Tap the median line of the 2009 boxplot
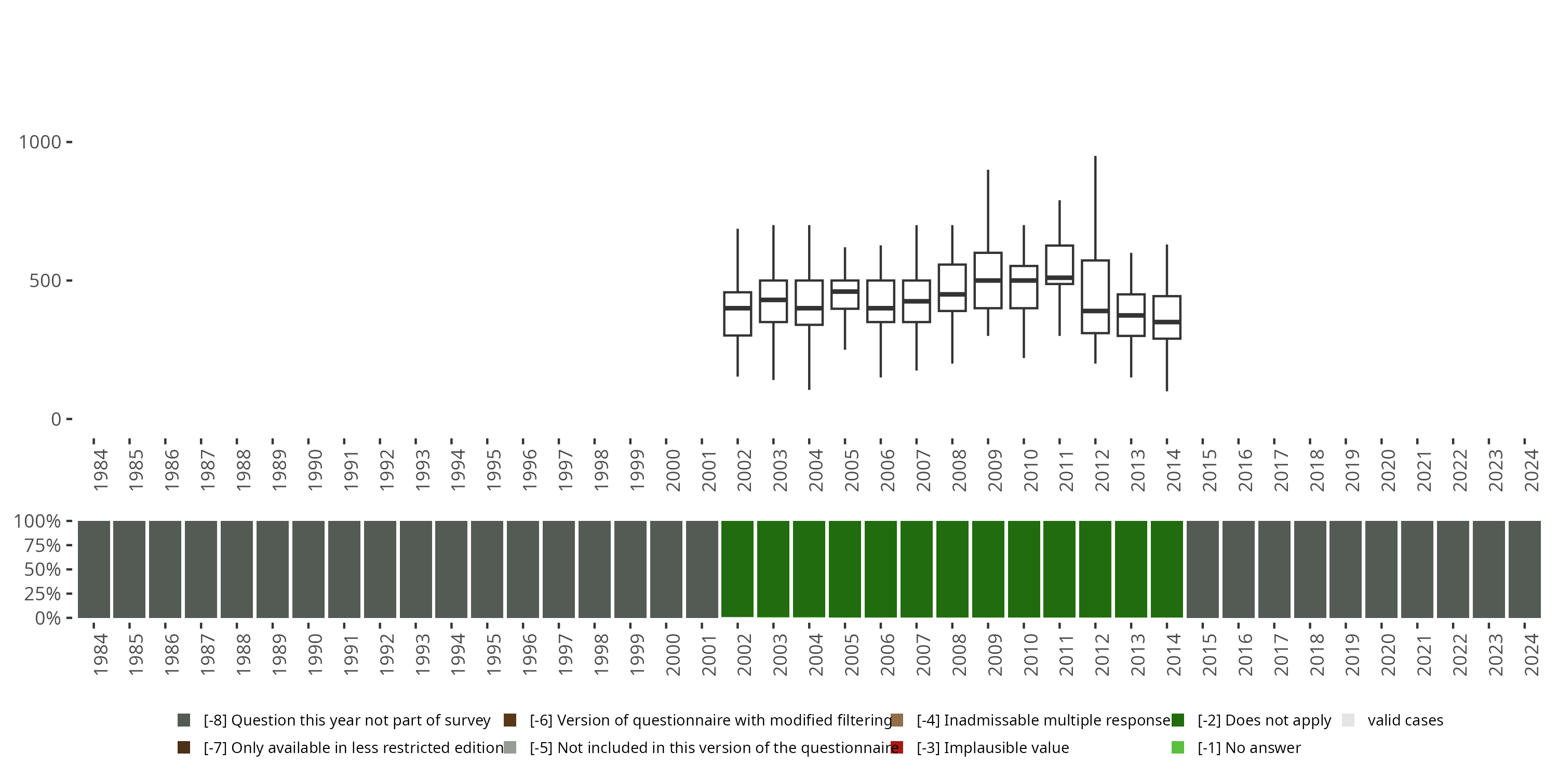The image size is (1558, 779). (x=988, y=280)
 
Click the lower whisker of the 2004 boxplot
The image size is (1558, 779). (x=809, y=357)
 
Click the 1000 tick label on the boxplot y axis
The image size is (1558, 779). (x=40, y=142)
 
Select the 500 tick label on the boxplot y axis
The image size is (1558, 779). (x=45, y=280)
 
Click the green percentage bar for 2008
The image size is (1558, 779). (x=952, y=569)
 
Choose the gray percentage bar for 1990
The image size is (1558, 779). (x=308, y=569)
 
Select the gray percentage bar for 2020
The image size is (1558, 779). (x=1381, y=569)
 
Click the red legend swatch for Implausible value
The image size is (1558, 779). (x=897, y=747)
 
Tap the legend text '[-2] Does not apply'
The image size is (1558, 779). (x=1264, y=720)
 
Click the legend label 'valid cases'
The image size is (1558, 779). (x=1405, y=720)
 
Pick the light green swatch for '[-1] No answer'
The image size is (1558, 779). (x=1177, y=747)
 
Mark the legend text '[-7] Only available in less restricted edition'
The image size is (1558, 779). (x=353, y=747)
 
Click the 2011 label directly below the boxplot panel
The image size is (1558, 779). (x=1066, y=471)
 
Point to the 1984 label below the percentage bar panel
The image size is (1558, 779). (x=100, y=654)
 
